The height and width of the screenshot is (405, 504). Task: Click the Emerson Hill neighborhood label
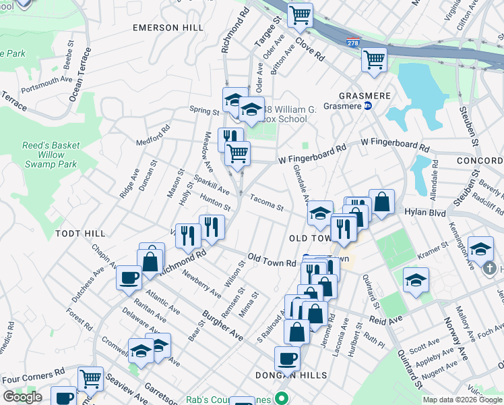tap(168, 28)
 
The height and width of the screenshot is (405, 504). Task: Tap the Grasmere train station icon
tap(368, 106)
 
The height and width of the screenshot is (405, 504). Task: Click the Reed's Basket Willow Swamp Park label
tap(51, 155)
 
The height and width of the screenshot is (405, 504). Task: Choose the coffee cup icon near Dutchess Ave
tap(129, 277)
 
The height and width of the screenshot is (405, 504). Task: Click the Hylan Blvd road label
tap(421, 211)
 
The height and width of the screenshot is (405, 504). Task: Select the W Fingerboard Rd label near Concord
tap(394, 145)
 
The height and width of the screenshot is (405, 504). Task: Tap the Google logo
tap(23, 397)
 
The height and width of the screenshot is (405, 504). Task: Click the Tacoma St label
tap(267, 202)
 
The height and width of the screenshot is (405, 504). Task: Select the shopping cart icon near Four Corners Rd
tap(90, 379)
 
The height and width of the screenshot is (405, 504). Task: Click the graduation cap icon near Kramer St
tap(416, 279)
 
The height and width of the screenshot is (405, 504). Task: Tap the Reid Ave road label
tap(385, 318)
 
